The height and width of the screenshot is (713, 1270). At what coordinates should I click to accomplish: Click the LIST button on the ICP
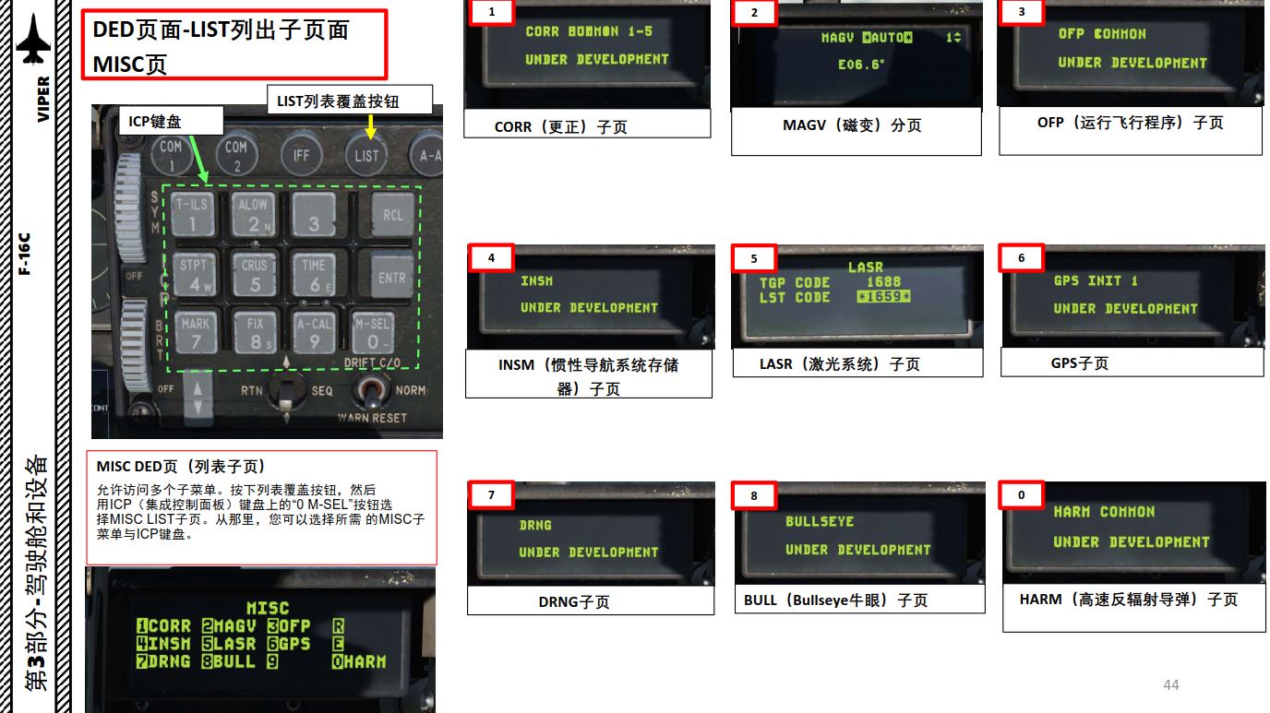pyautogui.click(x=366, y=155)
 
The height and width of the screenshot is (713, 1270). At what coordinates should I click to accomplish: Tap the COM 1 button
pyautogui.click(x=171, y=155)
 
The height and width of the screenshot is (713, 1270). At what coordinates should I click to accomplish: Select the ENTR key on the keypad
pyautogui.click(x=391, y=276)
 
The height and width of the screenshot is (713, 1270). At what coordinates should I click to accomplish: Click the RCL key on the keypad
pyautogui.click(x=393, y=214)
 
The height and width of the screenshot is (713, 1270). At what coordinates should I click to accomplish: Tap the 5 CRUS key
pyautogui.click(x=255, y=274)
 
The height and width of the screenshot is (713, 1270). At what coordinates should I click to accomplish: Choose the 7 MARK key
pyautogui.click(x=196, y=333)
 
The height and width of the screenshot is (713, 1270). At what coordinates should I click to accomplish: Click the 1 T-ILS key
pyautogui.click(x=193, y=214)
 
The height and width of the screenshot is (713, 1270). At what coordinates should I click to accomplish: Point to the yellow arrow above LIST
pyautogui.click(x=370, y=127)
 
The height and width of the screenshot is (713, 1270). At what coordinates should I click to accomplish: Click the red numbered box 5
pyautogui.click(x=754, y=258)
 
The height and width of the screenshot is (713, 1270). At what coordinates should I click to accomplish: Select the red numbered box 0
pyautogui.click(x=1021, y=494)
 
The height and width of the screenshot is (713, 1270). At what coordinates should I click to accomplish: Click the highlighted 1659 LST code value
pyautogui.click(x=883, y=296)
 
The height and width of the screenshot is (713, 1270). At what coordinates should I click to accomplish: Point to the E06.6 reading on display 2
pyautogui.click(x=860, y=65)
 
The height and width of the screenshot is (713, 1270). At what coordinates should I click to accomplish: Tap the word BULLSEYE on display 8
pyautogui.click(x=820, y=521)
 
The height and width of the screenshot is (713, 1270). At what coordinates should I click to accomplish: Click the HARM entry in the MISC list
pyautogui.click(x=359, y=661)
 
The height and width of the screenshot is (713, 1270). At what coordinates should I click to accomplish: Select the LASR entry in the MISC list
pyautogui.click(x=229, y=644)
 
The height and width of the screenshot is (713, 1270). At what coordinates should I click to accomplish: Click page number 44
pyautogui.click(x=1170, y=684)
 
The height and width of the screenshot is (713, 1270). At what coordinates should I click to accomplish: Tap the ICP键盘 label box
pyautogui.click(x=171, y=121)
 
